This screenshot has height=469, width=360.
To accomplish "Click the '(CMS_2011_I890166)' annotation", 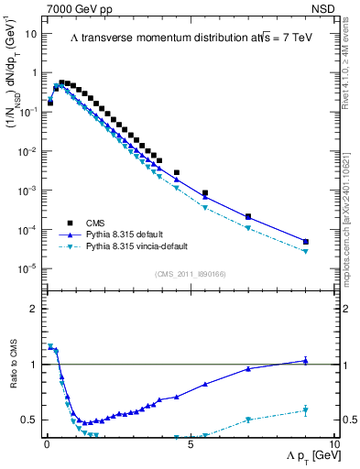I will coord(190,273).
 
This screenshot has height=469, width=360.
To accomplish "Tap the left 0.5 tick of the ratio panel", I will coord(31,420).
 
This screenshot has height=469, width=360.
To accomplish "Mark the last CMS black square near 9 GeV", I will coord(305,242).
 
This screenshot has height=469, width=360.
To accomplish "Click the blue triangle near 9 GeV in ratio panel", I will coord(305,361).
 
